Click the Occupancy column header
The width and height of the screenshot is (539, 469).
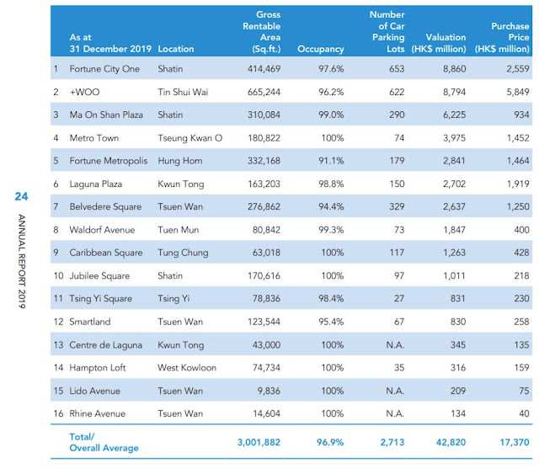320,49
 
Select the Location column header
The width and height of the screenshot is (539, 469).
176,49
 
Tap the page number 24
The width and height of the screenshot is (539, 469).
21,196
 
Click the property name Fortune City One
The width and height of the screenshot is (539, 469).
104,69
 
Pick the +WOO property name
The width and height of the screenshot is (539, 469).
84,92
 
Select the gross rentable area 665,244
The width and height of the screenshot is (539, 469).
264,92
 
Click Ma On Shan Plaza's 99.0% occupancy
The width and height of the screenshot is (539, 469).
331,115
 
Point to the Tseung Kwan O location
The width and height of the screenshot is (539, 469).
189,138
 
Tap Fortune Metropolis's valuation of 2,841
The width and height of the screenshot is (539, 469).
454,161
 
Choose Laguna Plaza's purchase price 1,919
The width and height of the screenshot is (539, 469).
518,184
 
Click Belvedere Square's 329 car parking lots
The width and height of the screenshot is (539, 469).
397,206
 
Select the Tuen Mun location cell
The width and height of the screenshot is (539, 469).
178,230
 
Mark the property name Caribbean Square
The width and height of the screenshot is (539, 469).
106,253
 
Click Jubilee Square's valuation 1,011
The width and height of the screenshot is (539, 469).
454,275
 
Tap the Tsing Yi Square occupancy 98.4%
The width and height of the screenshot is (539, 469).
331,298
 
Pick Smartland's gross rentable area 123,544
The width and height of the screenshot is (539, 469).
264,322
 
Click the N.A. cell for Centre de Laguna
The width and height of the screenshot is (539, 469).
395,344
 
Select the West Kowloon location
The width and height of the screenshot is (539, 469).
187,368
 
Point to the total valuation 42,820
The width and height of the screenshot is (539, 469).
451,442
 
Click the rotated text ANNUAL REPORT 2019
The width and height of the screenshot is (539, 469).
22,261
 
